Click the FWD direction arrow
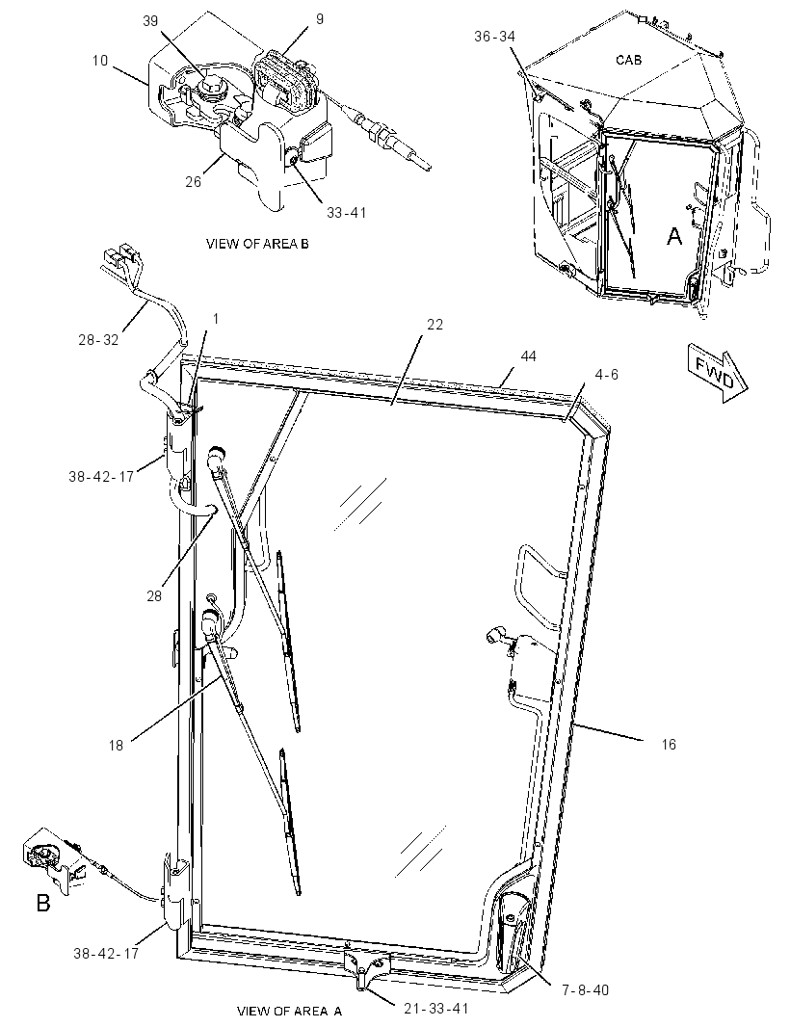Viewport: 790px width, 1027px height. click(x=717, y=372)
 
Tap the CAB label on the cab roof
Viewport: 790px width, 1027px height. click(x=628, y=60)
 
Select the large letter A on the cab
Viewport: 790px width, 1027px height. click(x=674, y=236)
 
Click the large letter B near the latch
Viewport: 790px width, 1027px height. click(x=42, y=904)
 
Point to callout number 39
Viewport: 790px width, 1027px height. click(x=150, y=21)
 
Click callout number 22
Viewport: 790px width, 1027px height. click(x=434, y=325)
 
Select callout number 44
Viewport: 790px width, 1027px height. click(x=528, y=355)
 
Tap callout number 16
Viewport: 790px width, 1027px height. click(x=669, y=744)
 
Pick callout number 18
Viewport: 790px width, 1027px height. click(x=116, y=745)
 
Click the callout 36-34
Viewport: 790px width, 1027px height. click(x=494, y=36)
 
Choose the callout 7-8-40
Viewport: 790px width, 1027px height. click(x=585, y=989)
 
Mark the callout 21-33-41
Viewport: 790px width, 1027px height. click(x=436, y=1008)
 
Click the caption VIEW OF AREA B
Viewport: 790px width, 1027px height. click(x=257, y=244)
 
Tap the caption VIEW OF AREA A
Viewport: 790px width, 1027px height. click(x=289, y=1011)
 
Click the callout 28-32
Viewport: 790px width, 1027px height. click(x=98, y=340)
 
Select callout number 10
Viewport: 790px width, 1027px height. click(x=99, y=61)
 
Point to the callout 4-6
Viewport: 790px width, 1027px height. click(x=607, y=374)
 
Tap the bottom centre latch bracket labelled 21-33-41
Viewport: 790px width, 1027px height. click(x=367, y=964)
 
